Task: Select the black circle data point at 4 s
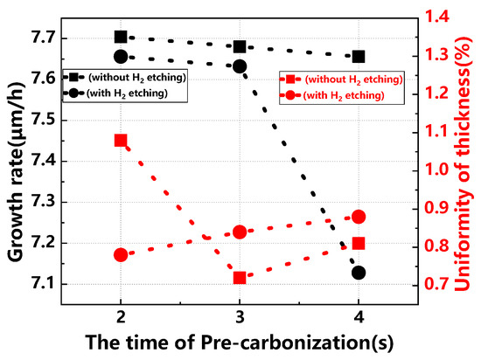coord(359,273)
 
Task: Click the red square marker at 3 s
coord(240,278)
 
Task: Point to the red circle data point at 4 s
coord(359,217)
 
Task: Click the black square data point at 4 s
coord(359,57)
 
